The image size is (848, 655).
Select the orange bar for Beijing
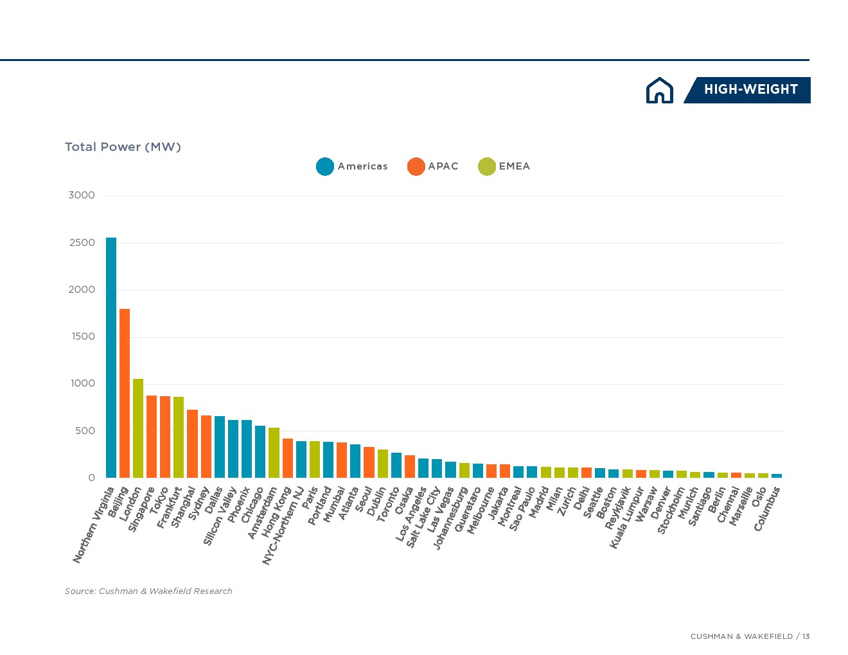pos(125,393)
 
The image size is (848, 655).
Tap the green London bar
pos(138,428)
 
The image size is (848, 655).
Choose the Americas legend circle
pos(325,166)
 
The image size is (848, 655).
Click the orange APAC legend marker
pos(416,166)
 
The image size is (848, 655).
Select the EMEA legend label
pos(514,166)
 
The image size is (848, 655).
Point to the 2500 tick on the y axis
pos(82,243)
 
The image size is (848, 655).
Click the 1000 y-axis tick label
pos(82,383)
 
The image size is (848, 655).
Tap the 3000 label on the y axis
pos(82,195)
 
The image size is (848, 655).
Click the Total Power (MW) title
pos(123,147)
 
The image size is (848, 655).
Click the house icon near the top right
pos(659,91)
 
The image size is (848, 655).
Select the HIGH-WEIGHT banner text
pos(750,90)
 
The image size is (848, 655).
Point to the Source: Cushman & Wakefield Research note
pos(148,591)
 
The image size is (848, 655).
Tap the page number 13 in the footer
pos(806,636)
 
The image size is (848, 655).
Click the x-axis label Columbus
pos(767,509)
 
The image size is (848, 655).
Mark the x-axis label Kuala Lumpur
pos(626,518)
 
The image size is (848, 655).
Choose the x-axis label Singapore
pos(141,509)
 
